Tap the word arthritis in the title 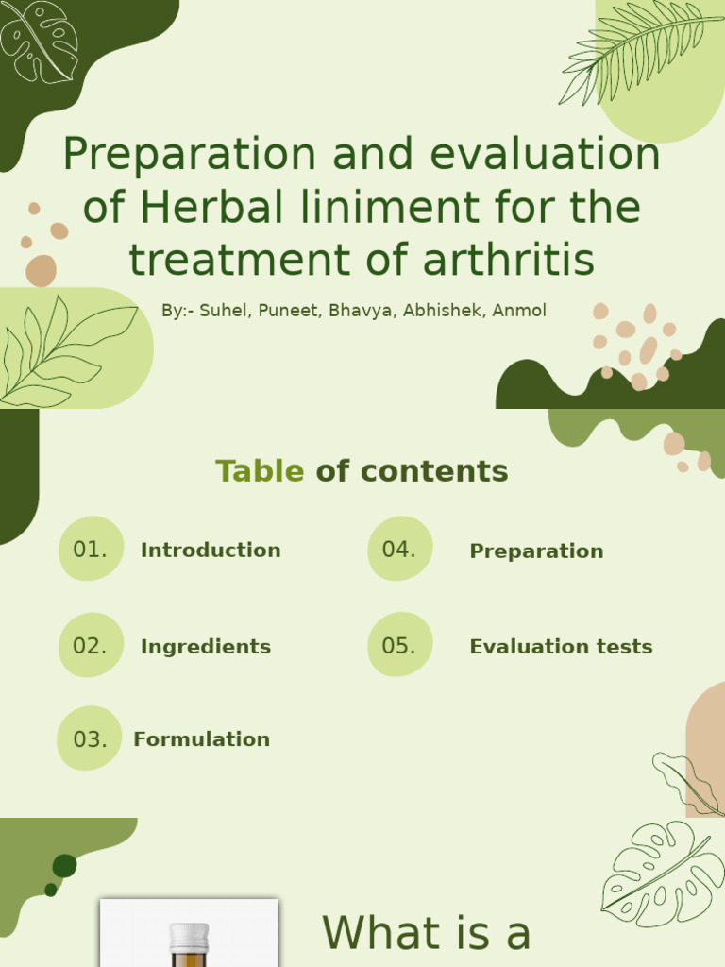[x=509, y=259]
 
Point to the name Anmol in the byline [x=519, y=310]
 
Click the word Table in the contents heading [x=260, y=471]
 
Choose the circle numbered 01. [x=92, y=549]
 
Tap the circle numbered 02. [x=92, y=645]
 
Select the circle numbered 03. [x=90, y=738]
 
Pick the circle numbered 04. [x=400, y=549]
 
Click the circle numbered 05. [x=400, y=644]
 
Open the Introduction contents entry [x=211, y=551]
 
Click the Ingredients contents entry [x=206, y=647]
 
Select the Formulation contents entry [x=202, y=738]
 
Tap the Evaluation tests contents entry [x=561, y=646]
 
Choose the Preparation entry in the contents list [x=536, y=551]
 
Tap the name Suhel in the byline [x=225, y=310]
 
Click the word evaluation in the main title [x=545, y=154]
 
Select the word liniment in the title [x=391, y=207]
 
